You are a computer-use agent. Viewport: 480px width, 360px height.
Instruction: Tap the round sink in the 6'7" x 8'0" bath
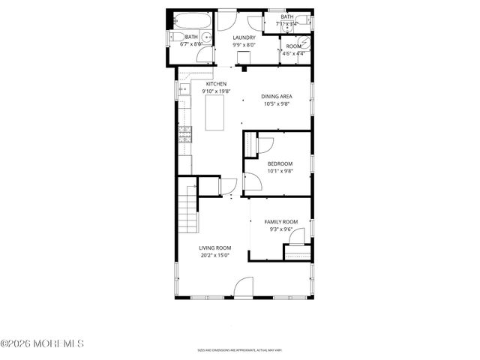tap(202, 37)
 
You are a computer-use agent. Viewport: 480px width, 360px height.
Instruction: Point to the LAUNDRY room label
tap(244, 37)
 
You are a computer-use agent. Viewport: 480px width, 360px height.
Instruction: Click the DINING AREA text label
tap(276, 97)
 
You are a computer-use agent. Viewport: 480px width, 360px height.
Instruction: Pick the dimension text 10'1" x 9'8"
tap(280, 171)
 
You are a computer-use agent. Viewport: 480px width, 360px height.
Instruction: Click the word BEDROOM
tap(280, 163)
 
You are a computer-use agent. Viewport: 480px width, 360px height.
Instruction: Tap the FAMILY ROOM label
tap(280, 222)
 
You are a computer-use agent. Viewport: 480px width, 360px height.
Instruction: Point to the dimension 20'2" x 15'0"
tap(214, 255)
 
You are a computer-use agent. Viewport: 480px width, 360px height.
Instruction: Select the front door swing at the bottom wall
tap(244, 285)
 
